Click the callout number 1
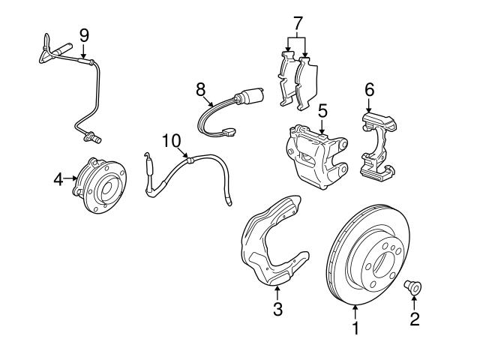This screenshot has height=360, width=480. pyautogui.click(x=356, y=328)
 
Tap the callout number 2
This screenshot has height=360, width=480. pyautogui.click(x=414, y=319)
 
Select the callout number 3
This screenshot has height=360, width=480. pyautogui.click(x=277, y=307)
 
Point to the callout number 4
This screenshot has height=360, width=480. pyautogui.click(x=58, y=178)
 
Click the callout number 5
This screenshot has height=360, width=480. pyautogui.click(x=322, y=111)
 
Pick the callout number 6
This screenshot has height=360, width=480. pyautogui.click(x=369, y=88)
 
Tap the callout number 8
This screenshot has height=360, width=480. pyautogui.click(x=201, y=88)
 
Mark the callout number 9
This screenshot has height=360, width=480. pyautogui.click(x=84, y=34)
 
